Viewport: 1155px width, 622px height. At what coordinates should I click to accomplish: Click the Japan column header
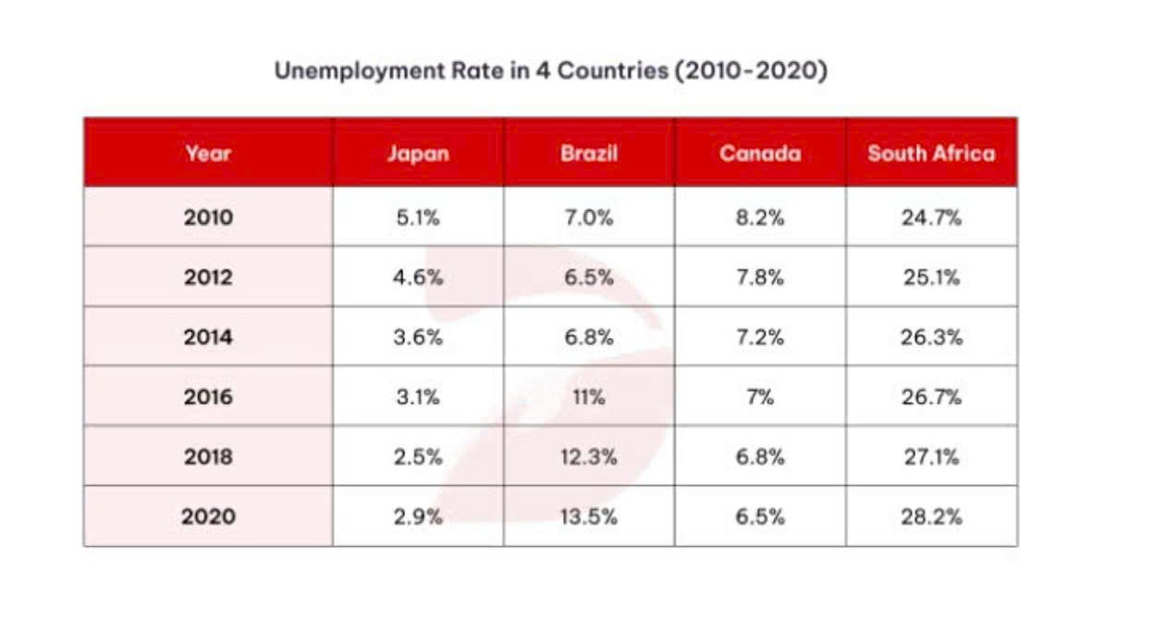point(418,154)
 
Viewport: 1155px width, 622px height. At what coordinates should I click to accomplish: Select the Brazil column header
point(589,154)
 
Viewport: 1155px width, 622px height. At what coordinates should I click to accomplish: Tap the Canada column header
point(760,154)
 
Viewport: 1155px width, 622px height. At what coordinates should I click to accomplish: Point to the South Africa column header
point(931,154)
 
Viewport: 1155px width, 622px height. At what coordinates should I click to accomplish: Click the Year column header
point(208,154)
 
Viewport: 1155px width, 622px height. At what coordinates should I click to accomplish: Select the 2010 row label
point(208,218)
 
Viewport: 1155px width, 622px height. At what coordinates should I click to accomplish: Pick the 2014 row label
point(208,337)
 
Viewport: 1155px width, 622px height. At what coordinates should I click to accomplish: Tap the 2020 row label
point(208,516)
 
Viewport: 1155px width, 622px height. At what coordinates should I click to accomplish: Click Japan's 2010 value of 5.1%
point(418,218)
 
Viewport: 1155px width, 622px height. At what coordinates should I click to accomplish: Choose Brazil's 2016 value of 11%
point(588,397)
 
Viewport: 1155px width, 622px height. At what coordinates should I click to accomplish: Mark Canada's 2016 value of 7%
point(760,397)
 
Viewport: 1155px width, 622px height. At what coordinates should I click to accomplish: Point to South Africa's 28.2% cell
point(931,516)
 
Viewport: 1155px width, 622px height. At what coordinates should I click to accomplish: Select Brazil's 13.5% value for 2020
point(588,516)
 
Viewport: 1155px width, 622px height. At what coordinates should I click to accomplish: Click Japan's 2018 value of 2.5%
point(418,457)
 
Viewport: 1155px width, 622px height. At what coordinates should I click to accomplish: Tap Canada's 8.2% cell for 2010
point(760,218)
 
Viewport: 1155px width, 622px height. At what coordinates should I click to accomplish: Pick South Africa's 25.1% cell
point(931,277)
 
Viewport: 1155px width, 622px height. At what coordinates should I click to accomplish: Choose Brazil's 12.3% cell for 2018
point(588,457)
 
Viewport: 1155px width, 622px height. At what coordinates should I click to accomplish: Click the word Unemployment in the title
point(360,71)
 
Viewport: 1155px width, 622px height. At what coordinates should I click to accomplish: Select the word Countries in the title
point(612,70)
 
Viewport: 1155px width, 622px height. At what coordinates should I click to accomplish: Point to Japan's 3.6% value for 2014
point(418,337)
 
